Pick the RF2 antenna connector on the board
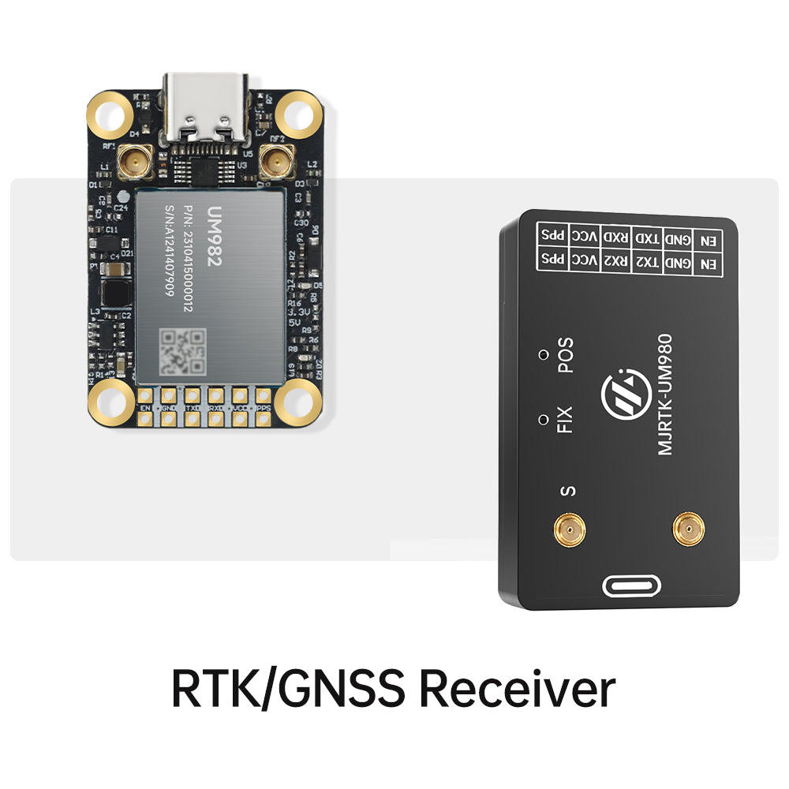[x=275, y=164]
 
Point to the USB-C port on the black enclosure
[x=631, y=586]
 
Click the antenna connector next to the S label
[x=570, y=529]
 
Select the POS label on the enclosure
[x=565, y=355]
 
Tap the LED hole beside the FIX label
[x=542, y=417]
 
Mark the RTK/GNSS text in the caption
[x=288, y=688]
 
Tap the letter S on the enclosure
[x=567, y=492]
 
